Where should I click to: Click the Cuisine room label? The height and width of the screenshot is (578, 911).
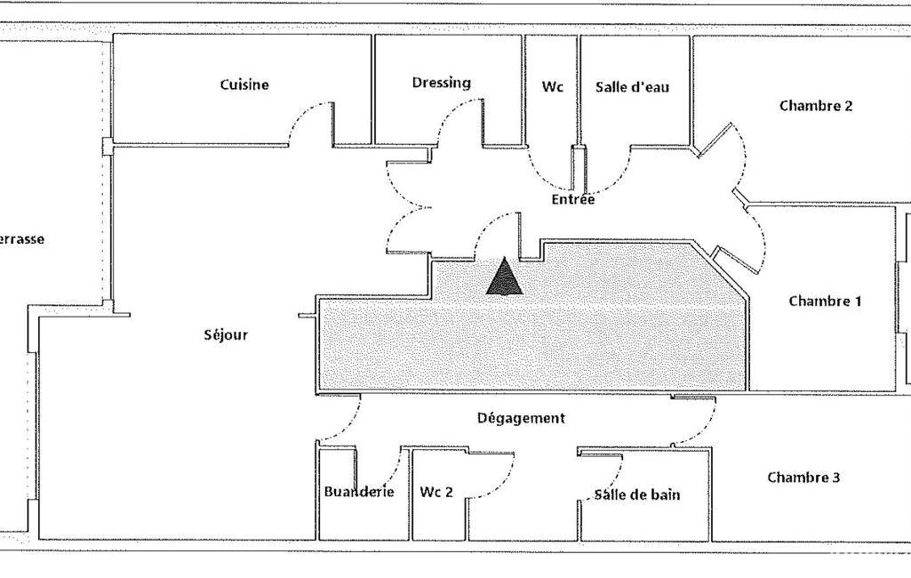pyautogui.click(x=244, y=85)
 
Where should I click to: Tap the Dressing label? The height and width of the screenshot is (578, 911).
pyautogui.click(x=441, y=83)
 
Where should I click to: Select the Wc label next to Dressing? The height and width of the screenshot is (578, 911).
pyautogui.click(x=553, y=87)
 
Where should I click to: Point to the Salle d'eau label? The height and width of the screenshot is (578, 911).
pyautogui.click(x=632, y=87)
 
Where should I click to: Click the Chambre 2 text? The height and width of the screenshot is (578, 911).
pyautogui.click(x=816, y=106)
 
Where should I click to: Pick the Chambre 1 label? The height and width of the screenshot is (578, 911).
pyautogui.click(x=825, y=301)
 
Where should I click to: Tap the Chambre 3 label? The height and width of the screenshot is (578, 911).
pyautogui.click(x=803, y=478)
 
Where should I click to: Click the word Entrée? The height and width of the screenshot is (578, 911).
pyautogui.click(x=572, y=200)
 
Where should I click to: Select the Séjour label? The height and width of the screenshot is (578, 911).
pyautogui.click(x=226, y=335)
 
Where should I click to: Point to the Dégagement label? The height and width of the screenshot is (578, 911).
pyautogui.click(x=521, y=418)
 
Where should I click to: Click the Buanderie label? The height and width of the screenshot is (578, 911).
pyautogui.click(x=359, y=492)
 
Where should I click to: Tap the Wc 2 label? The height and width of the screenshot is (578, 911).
pyautogui.click(x=436, y=492)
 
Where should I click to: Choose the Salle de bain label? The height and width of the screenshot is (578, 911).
pyautogui.click(x=637, y=494)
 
